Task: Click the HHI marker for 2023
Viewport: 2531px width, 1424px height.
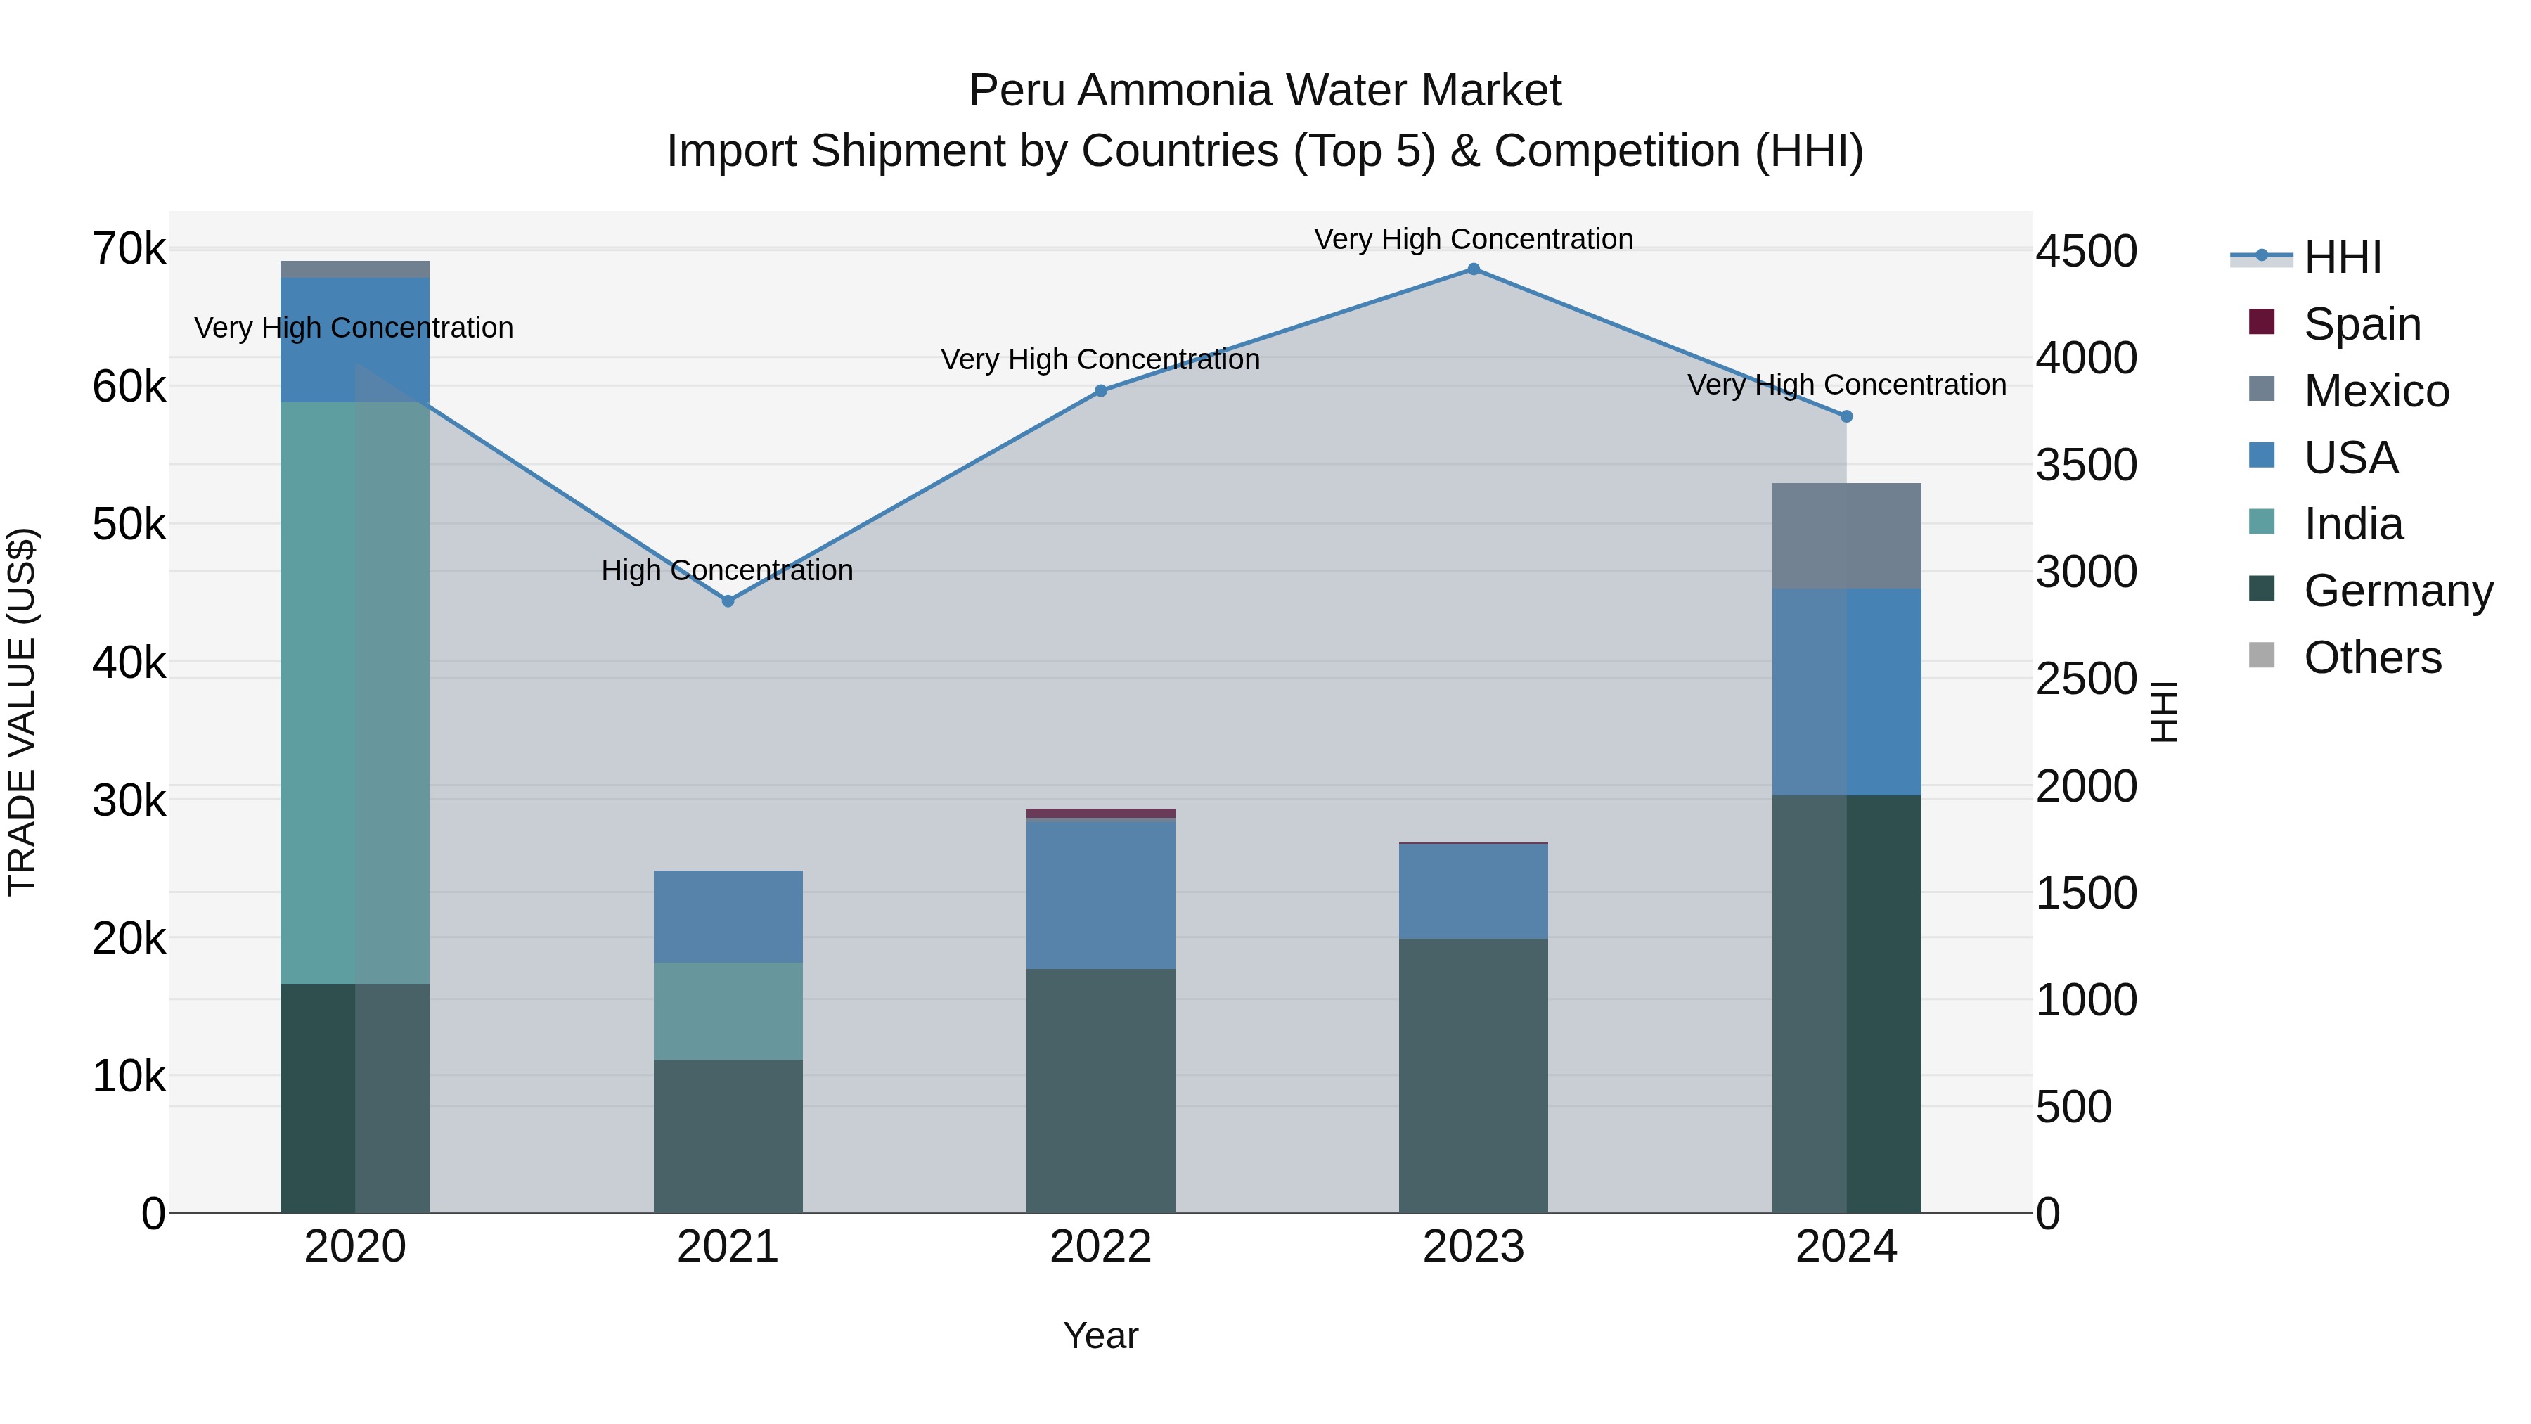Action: (1473, 269)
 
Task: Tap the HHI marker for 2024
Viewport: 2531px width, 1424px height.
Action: (1846, 417)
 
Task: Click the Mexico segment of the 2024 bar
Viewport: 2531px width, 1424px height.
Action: (1846, 536)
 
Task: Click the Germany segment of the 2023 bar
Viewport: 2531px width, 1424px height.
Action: (1473, 1075)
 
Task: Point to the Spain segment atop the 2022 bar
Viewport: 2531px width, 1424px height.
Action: (1100, 814)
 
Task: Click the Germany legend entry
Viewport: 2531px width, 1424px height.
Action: (2397, 591)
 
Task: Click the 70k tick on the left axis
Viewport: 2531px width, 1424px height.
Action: (129, 250)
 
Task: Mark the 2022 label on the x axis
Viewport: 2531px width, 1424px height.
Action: (1100, 1247)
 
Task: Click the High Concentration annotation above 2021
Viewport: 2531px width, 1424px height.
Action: (727, 570)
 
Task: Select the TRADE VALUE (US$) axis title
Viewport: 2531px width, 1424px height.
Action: (22, 712)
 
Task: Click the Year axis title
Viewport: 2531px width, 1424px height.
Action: (1100, 1335)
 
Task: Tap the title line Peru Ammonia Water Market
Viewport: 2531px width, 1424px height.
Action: (1265, 91)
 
